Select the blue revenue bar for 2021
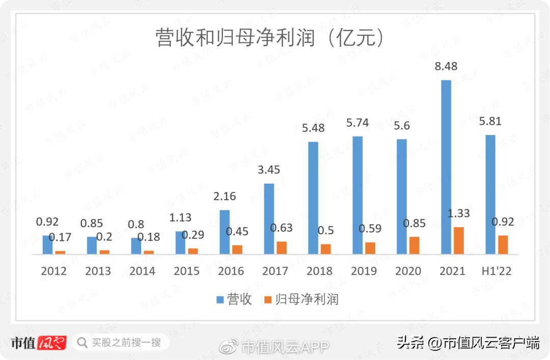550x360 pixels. click(x=446, y=167)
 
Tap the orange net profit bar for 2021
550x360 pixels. click(x=459, y=240)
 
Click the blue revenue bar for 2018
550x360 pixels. click(x=313, y=198)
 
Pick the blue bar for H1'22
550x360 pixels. click(x=490, y=195)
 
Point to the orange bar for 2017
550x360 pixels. click(x=282, y=247)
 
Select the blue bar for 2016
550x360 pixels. click(x=225, y=232)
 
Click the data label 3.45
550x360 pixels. click(x=268, y=170)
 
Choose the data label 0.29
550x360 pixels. click(x=193, y=235)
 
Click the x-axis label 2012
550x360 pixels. click(x=54, y=271)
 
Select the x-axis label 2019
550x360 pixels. click(x=364, y=271)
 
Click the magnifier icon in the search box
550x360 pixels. click(x=81, y=343)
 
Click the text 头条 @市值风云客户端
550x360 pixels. click(x=468, y=343)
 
